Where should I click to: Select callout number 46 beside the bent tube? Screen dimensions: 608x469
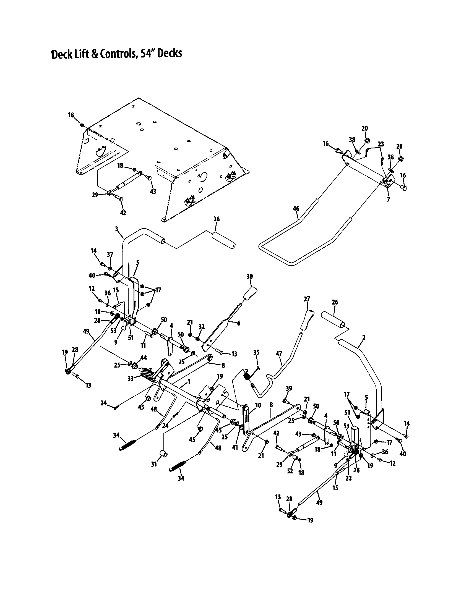point(296,208)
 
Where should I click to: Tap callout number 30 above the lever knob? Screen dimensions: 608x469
point(249,276)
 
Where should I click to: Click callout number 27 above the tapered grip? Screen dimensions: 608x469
point(307,299)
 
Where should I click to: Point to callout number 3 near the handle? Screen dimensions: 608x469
point(116,229)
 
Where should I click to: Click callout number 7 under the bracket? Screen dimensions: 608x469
point(388,199)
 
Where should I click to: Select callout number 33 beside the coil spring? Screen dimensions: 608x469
point(131,379)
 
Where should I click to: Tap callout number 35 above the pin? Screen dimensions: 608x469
point(256,352)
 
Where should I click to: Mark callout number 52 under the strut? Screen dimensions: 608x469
point(290,471)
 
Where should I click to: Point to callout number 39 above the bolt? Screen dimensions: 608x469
point(289,389)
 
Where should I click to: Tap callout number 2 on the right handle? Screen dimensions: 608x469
point(364,338)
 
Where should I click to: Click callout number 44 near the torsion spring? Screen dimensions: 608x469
point(144,357)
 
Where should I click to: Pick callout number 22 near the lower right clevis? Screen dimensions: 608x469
point(348,478)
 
